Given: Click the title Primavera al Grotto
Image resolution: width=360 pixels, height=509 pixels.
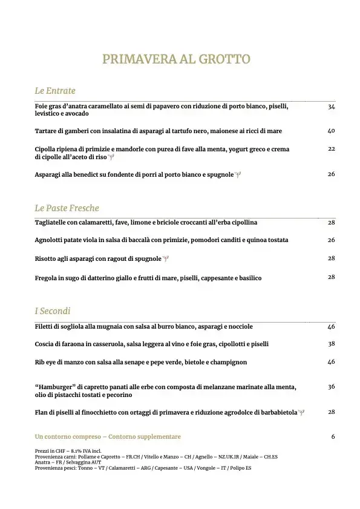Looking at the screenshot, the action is pos(176,59).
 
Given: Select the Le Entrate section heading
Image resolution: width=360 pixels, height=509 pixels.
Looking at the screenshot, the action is pos(55,91).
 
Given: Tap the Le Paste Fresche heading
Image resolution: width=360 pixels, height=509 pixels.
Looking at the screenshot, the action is pos(67,208).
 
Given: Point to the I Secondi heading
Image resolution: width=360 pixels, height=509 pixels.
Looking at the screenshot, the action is pos(53,311).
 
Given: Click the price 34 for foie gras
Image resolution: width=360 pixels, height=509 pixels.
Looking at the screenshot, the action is pos(331,107).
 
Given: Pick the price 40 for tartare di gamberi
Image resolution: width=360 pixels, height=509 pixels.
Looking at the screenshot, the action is pos(331,131).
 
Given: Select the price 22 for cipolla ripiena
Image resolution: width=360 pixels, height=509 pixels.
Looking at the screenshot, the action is pos(331,149).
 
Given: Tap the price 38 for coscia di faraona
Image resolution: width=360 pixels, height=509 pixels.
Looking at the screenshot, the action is pos(331,344).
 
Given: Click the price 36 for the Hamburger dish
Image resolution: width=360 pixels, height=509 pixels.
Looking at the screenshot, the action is pos(331,387).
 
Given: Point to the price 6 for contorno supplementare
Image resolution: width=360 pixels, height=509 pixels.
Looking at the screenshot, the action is pos(333,436).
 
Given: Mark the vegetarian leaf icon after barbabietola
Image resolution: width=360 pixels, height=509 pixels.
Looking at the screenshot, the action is pos(302,413).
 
